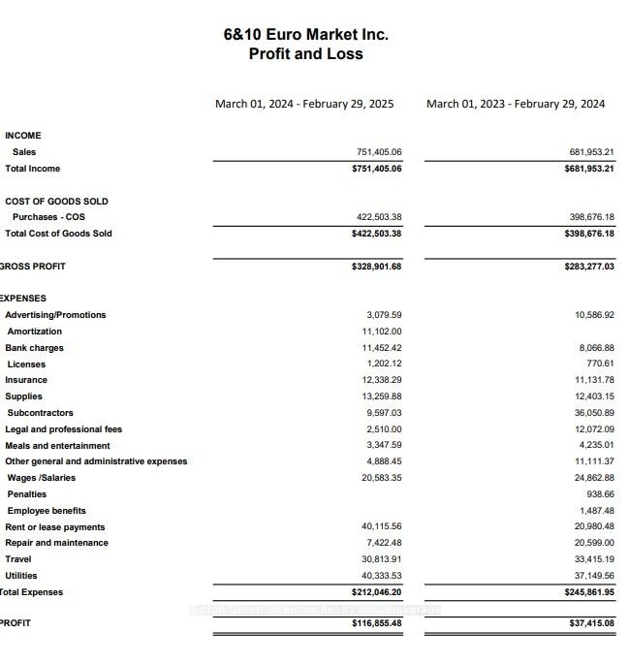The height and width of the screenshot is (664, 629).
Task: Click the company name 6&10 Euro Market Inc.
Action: click(x=305, y=34)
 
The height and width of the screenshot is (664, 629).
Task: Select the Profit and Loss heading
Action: click(x=305, y=54)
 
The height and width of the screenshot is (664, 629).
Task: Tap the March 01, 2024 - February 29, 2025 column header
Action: click(x=304, y=104)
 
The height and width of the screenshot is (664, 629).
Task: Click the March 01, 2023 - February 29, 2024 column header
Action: click(x=516, y=104)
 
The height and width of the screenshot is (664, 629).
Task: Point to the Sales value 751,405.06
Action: click(x=379, y=152)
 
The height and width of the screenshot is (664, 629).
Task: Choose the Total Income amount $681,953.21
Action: click(x=589, y=169)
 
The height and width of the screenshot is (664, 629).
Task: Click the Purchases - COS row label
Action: click(x=48, y=217)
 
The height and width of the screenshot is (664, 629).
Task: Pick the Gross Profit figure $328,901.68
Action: click(x=377, y=267)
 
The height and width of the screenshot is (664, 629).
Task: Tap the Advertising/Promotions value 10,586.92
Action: click(x=594, y=315)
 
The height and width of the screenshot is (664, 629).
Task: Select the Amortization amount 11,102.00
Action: click(x=382, y=332)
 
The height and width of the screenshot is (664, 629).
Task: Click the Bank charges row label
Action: click(x=34, y=348)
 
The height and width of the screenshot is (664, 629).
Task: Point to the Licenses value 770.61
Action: click(x=600, y=364)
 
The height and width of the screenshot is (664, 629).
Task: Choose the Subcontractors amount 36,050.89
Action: click(x=594, y=413)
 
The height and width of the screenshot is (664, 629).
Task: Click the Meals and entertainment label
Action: click(x=57, y=446)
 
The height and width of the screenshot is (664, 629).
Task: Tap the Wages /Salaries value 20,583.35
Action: click(x=382, y=478)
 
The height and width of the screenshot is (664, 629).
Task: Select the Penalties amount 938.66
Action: click(x=600, y=494)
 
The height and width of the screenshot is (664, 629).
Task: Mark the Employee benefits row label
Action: click(x=47, y=511)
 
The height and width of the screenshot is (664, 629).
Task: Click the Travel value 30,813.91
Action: click(x=382, y=559)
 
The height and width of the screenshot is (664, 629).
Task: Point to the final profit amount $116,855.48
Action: click(x=377, y=623)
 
